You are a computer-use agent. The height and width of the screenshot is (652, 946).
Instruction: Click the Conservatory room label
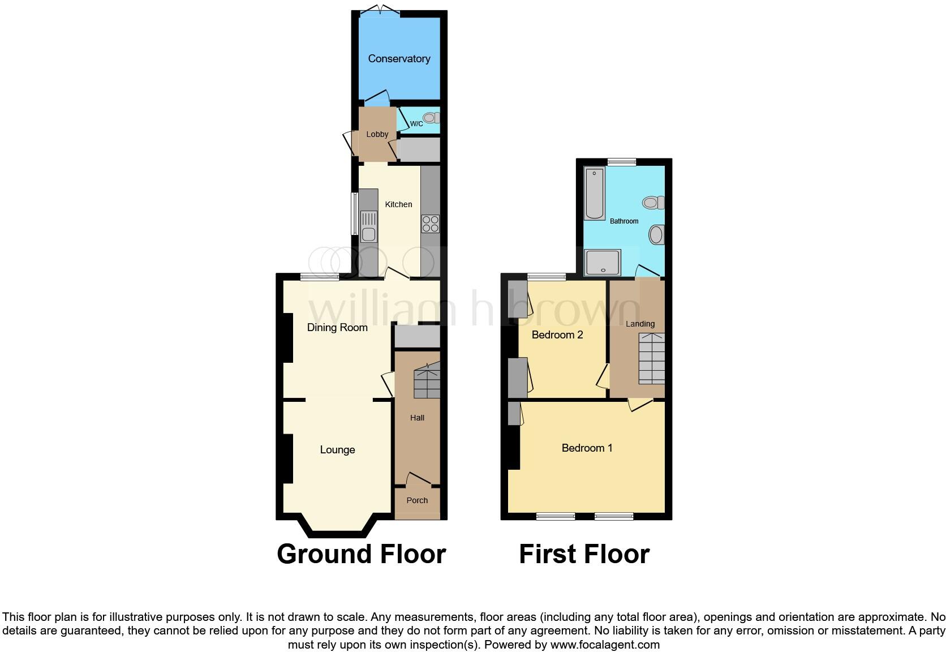point(399,59)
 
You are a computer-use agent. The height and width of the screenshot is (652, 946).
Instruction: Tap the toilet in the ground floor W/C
point(432,118)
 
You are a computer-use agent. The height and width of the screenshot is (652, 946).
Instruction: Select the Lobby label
point(377,134)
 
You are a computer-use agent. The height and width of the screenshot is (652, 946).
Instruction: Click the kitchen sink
point(368,226)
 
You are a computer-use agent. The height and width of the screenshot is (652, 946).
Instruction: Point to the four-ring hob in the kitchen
point(430,224)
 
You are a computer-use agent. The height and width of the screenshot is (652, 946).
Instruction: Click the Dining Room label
point(337,328)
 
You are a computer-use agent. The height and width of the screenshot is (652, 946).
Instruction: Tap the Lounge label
point(337,450)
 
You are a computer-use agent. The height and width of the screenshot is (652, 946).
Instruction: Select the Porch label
point(417,500)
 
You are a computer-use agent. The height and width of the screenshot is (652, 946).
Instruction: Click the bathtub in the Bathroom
point(595,193)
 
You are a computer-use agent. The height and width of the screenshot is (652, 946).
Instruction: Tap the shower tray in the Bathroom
point(603,262)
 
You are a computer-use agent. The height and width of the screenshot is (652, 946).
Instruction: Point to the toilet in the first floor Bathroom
point(653,202)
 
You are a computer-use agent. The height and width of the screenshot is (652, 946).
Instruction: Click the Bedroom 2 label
point(557,335)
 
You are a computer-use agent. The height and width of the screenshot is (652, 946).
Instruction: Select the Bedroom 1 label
point(587,448)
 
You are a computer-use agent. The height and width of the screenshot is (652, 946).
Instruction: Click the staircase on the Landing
point(651,358)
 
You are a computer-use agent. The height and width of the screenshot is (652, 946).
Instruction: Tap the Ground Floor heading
point(361,554)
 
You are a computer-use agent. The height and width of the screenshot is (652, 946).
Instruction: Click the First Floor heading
point(584,554)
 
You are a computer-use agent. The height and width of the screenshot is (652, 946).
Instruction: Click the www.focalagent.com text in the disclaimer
point(605,645)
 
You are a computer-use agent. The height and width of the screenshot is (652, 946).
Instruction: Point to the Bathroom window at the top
point(622,162)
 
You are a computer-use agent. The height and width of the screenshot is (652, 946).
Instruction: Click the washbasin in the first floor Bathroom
point(656,234)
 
